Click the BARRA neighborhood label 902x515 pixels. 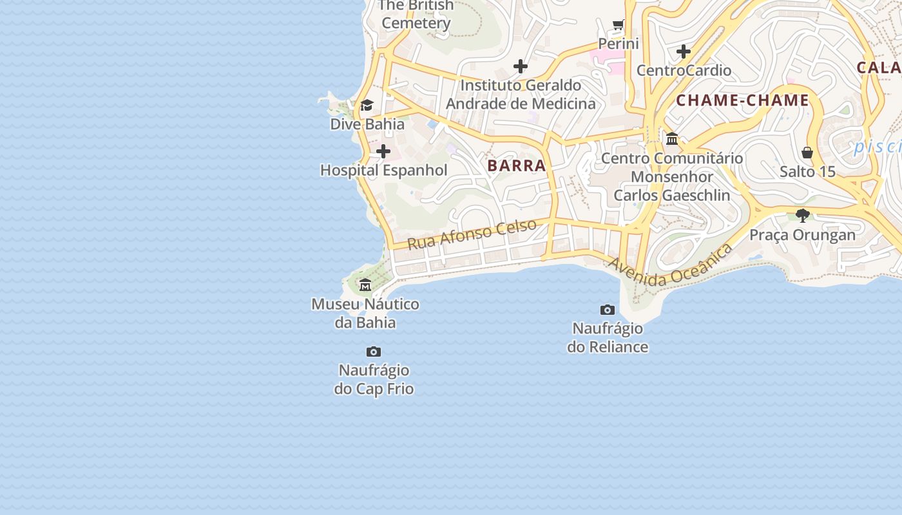(x=517, y=165)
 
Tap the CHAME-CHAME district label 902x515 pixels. (x=742, y=100)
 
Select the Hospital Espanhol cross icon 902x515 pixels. (x=383, y=152)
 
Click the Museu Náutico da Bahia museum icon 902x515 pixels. (x=365, y=285)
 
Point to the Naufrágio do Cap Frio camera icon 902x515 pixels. (x=374, y=351)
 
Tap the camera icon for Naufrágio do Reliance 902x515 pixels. (x=607, y=310)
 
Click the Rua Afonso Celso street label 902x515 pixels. (x=472, y=234)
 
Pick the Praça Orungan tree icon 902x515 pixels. (x=802, y=215)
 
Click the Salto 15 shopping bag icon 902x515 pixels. (x=807, y=153)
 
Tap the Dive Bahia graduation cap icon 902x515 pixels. (x=367, y=105)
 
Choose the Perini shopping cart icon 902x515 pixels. (x=619, y=25)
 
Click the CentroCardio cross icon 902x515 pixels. (x=684, y=51)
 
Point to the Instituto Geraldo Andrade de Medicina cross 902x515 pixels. (x=521, y=66)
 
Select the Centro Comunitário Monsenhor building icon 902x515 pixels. (x=672, y=138)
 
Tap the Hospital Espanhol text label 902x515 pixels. (x=383, y=171)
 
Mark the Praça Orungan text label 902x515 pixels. (x=802, y=235)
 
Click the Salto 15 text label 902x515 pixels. (x=807, y=172)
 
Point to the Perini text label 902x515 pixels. (x=619, y=44)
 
